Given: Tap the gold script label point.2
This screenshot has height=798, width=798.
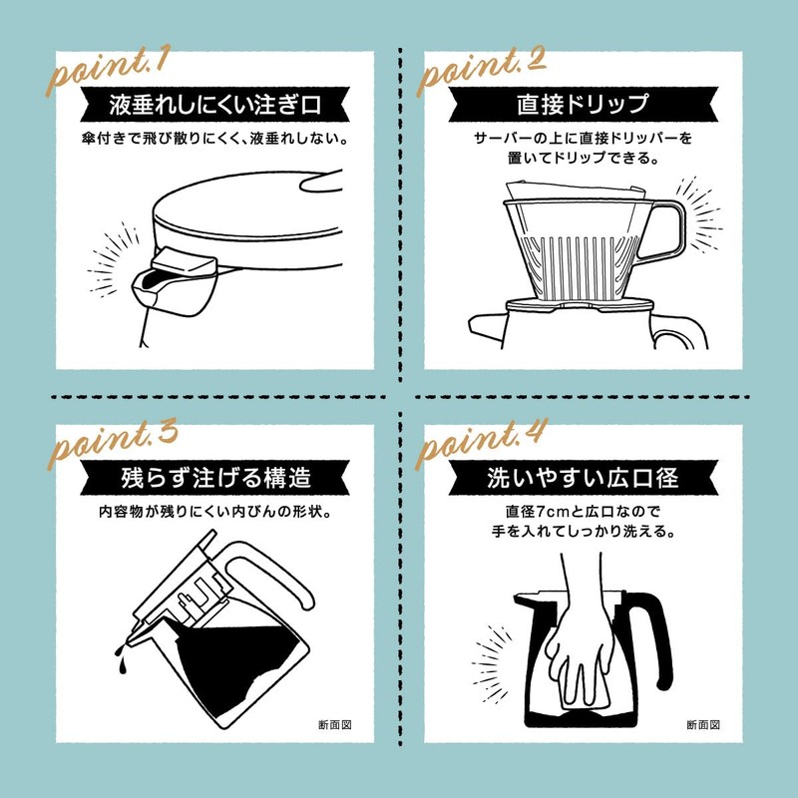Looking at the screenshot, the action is [481, 70].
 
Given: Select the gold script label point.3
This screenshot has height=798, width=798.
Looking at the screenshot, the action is [112, 444].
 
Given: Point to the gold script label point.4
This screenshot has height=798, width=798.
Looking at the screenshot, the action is [481, 444].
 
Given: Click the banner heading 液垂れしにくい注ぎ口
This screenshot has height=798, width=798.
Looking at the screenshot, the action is [214, 105].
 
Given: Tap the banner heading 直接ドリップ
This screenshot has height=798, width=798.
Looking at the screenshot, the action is [583, 105].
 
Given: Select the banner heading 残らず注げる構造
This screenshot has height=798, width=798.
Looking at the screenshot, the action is [215, 478].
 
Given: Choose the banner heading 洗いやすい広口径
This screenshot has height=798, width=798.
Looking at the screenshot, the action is [583, 478].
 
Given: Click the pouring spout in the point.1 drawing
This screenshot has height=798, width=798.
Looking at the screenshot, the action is [173, 282].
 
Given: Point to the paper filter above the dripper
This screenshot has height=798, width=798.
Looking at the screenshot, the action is [576, 191].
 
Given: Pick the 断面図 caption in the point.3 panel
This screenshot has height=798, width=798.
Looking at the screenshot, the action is [335, 725].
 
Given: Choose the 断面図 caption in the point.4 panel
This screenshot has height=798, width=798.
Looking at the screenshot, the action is [703, 725].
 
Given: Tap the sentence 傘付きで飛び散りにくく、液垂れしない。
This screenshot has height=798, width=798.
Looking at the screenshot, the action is [214, 139].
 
